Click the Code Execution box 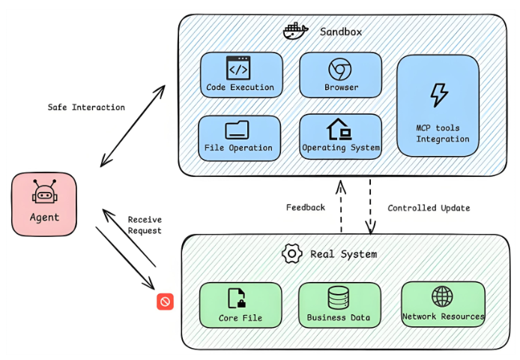241,75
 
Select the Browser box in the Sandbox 341,75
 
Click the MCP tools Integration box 438,105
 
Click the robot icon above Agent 44,193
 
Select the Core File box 241,304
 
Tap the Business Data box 339,304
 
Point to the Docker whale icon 296,31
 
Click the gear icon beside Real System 291,253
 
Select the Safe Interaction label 86,107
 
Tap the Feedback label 306,207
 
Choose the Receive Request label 145,225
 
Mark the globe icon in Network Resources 443,295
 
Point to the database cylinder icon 339,297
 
